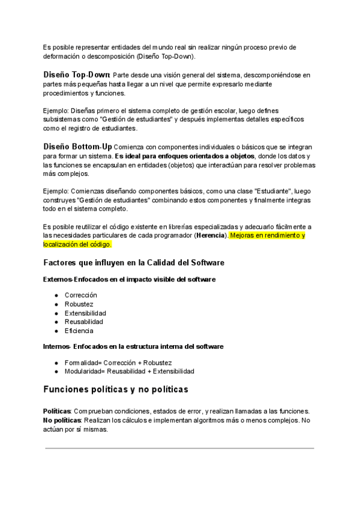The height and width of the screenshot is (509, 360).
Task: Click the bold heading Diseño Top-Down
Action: point(76,74)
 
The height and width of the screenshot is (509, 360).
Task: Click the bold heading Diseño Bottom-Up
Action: point(77,146)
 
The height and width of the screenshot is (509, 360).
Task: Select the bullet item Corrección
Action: point(80,295)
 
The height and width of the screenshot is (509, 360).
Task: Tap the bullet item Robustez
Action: point(79,304)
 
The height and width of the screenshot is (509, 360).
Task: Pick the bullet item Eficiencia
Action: point(79,331)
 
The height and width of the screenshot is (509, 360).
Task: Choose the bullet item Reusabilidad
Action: point(84,322)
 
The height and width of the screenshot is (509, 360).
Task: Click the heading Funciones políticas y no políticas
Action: point(116,390)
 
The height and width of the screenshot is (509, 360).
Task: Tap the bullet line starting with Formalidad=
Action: point(118,363)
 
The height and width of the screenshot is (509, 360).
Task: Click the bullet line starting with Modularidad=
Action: point(129,372)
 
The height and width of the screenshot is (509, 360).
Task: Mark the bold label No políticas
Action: point(62,420)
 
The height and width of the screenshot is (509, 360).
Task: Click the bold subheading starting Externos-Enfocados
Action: point(129,279)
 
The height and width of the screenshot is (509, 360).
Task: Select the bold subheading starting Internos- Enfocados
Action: point(133,346)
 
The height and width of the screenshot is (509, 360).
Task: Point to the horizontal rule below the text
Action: point(179,448)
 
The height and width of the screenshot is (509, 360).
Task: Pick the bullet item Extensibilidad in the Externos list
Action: point(85,313)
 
